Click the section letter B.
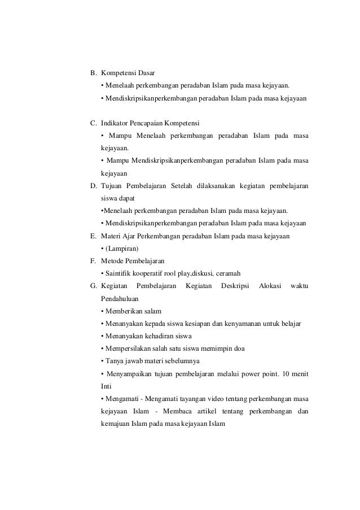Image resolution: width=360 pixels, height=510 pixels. click(93, 73)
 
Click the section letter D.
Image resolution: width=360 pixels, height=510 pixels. click(93, 186)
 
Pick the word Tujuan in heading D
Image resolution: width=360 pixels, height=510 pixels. click(112, 186)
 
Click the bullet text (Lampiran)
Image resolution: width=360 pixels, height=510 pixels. click(120, 248)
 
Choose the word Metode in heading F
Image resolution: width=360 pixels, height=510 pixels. click(113, 261)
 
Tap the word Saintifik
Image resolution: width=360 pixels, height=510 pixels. click(117, 274)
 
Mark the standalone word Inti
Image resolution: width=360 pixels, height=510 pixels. click(105, 386)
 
